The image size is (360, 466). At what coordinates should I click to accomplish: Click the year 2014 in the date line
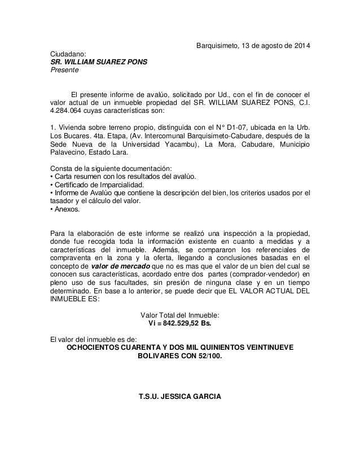pyautogui.click(x=300, y=46)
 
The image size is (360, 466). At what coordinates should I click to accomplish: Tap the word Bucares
pyautogui.click(x=77, y=135)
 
